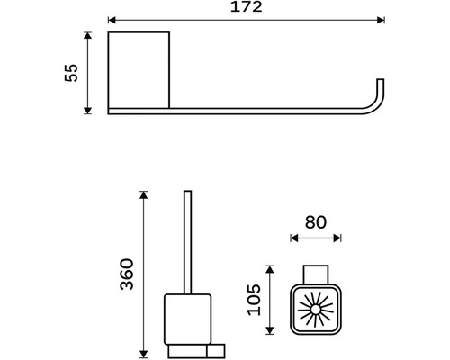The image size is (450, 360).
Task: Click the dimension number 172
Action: pos(247,7)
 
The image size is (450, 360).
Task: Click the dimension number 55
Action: pos(71,73)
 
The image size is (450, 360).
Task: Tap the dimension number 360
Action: pos(126,274)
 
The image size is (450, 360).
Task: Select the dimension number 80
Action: pos(316,222)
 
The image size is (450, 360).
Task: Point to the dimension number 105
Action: pos(254,300)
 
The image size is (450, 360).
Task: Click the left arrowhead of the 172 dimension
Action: pos(112,20)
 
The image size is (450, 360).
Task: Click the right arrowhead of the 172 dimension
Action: pos(381,20)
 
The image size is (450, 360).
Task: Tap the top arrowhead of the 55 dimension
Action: pos(87,35)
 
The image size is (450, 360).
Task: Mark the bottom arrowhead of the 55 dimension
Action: pos(87,111)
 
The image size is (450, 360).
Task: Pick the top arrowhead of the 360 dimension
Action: pos(144,194)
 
